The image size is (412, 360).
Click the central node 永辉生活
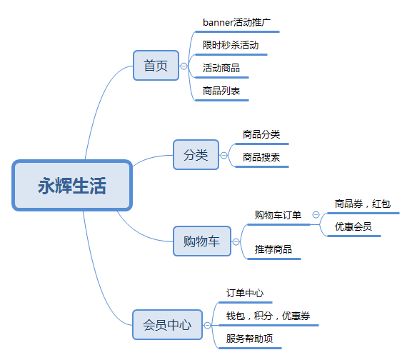(x=72, y=185)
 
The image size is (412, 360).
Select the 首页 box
(x=156, y=66)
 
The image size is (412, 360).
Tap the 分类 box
(x=196, y=154)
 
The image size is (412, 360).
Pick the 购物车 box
(x=202, y=241)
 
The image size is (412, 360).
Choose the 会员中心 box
(x=167, y=324)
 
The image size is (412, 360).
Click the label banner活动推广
(x=236, y=23)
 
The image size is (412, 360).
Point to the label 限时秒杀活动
(x=231, y=45)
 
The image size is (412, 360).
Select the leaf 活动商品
(x=221, y=68)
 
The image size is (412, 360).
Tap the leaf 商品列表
(x=221, y=91)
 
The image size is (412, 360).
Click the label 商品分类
(x=261, y=134)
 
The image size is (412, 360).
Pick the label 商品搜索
(x=261, y=157)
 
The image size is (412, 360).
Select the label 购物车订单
(x=278, y=215)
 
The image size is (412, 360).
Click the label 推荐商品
(x=273, y=249)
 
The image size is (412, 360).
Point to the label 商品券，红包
(x=363, y=204)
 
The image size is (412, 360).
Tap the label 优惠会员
(x=353, y=226)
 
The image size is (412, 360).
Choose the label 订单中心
(x=245, y=293)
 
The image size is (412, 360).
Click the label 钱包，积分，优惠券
(x=268, y=316)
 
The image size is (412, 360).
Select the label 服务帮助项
(x=249, y=339)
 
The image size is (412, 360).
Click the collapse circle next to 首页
(x=184, y=66)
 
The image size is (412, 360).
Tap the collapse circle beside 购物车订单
(x=316, y=215)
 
